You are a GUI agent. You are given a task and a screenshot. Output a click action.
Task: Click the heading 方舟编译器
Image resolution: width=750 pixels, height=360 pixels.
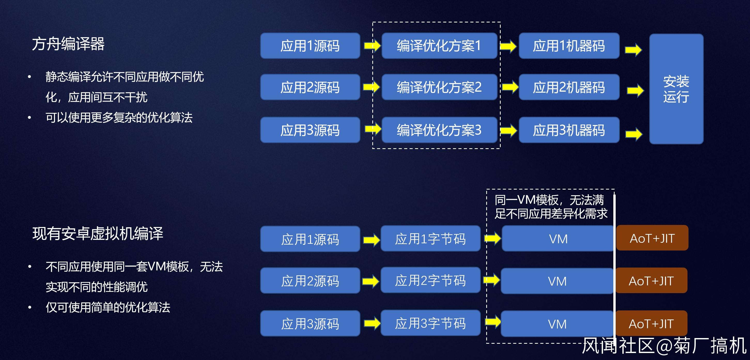(68, 44)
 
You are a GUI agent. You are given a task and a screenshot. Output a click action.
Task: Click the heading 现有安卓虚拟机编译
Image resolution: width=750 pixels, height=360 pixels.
(98, 233)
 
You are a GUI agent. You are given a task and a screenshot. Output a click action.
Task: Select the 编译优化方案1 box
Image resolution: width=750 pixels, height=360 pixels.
(439, 46)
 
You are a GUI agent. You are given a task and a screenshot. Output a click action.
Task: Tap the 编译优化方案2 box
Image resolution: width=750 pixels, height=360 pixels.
(439, 87)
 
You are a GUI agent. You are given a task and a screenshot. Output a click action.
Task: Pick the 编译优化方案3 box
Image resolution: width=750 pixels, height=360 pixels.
(439, 130)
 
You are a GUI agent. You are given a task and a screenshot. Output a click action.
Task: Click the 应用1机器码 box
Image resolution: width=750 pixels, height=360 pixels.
(569, 46)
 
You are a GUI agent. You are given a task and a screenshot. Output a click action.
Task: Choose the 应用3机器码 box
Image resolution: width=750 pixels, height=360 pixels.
(569, 130)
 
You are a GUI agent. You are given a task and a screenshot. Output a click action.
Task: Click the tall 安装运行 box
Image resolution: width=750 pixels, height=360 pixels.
(676, 89)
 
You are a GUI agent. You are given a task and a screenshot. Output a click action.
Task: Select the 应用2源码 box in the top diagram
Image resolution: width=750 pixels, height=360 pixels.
(310, 87)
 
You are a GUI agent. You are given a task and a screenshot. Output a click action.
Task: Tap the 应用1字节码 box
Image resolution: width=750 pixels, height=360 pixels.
(430, 239)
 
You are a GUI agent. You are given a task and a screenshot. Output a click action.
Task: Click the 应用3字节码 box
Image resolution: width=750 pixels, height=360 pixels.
(430, 323)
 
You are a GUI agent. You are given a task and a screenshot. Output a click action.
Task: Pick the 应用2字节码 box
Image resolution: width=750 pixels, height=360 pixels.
(430, 280)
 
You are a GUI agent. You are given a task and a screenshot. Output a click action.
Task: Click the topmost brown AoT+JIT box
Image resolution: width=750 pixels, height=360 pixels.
(652, 238)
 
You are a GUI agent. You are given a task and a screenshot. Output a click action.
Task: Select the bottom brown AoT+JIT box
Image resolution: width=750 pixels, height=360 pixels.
(651, 323)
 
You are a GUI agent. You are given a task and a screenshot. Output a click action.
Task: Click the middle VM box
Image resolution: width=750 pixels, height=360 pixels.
(557, 281)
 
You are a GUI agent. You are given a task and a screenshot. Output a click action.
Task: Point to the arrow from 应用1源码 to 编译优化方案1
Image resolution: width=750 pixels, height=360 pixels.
(372, 45)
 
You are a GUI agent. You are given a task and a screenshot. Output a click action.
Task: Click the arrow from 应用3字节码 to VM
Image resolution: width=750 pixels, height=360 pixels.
(493, 321)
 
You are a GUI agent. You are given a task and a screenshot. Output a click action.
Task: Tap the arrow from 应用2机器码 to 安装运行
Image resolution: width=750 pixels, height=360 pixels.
(635, 90)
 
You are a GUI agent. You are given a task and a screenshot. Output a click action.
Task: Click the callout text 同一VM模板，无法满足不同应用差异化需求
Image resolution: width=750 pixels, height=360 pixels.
(551, 207)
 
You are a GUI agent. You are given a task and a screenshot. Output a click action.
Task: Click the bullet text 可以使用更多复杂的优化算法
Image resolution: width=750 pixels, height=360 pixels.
(119, 118)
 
